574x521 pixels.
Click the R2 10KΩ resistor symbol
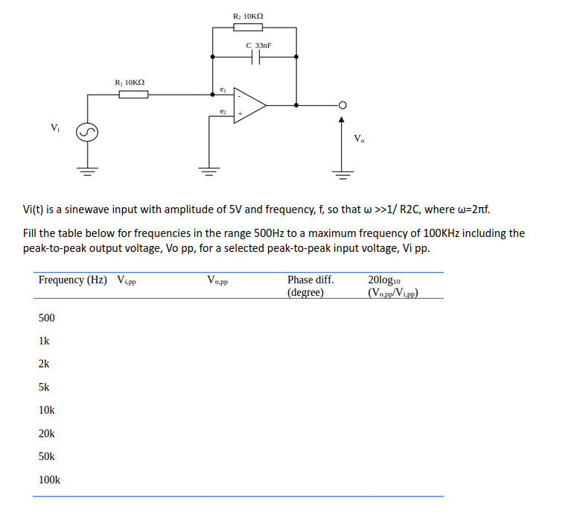click(247, 28)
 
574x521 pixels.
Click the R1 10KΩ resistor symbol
click(133, 94)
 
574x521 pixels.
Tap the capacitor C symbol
click(255, 57)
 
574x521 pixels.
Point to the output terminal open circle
click(343, 105)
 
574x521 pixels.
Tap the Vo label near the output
click(359, 138)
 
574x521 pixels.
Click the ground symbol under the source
click(87, 171)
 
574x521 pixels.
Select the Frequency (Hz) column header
click(72, 280)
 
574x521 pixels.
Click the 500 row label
click(46, 318)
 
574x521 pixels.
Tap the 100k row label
click(49, 480)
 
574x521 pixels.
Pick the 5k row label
click(44, 388)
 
